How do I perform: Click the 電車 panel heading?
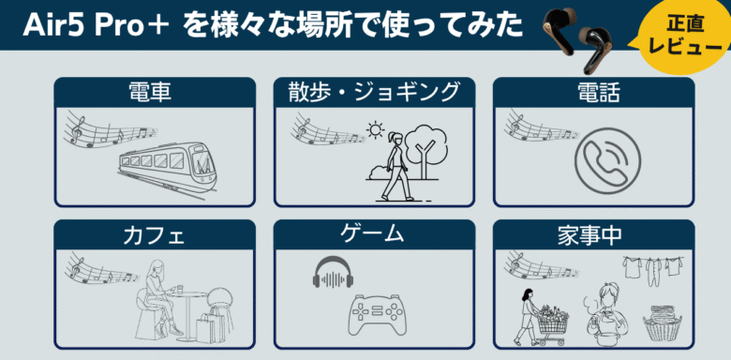150,93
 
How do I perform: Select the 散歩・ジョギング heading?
374,91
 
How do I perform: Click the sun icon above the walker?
374,129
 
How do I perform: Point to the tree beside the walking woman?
425,150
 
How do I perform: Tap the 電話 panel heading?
593,93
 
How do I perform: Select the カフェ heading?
154,235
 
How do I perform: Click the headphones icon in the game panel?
333,272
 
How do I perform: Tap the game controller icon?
378,314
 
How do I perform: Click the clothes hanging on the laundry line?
653,267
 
